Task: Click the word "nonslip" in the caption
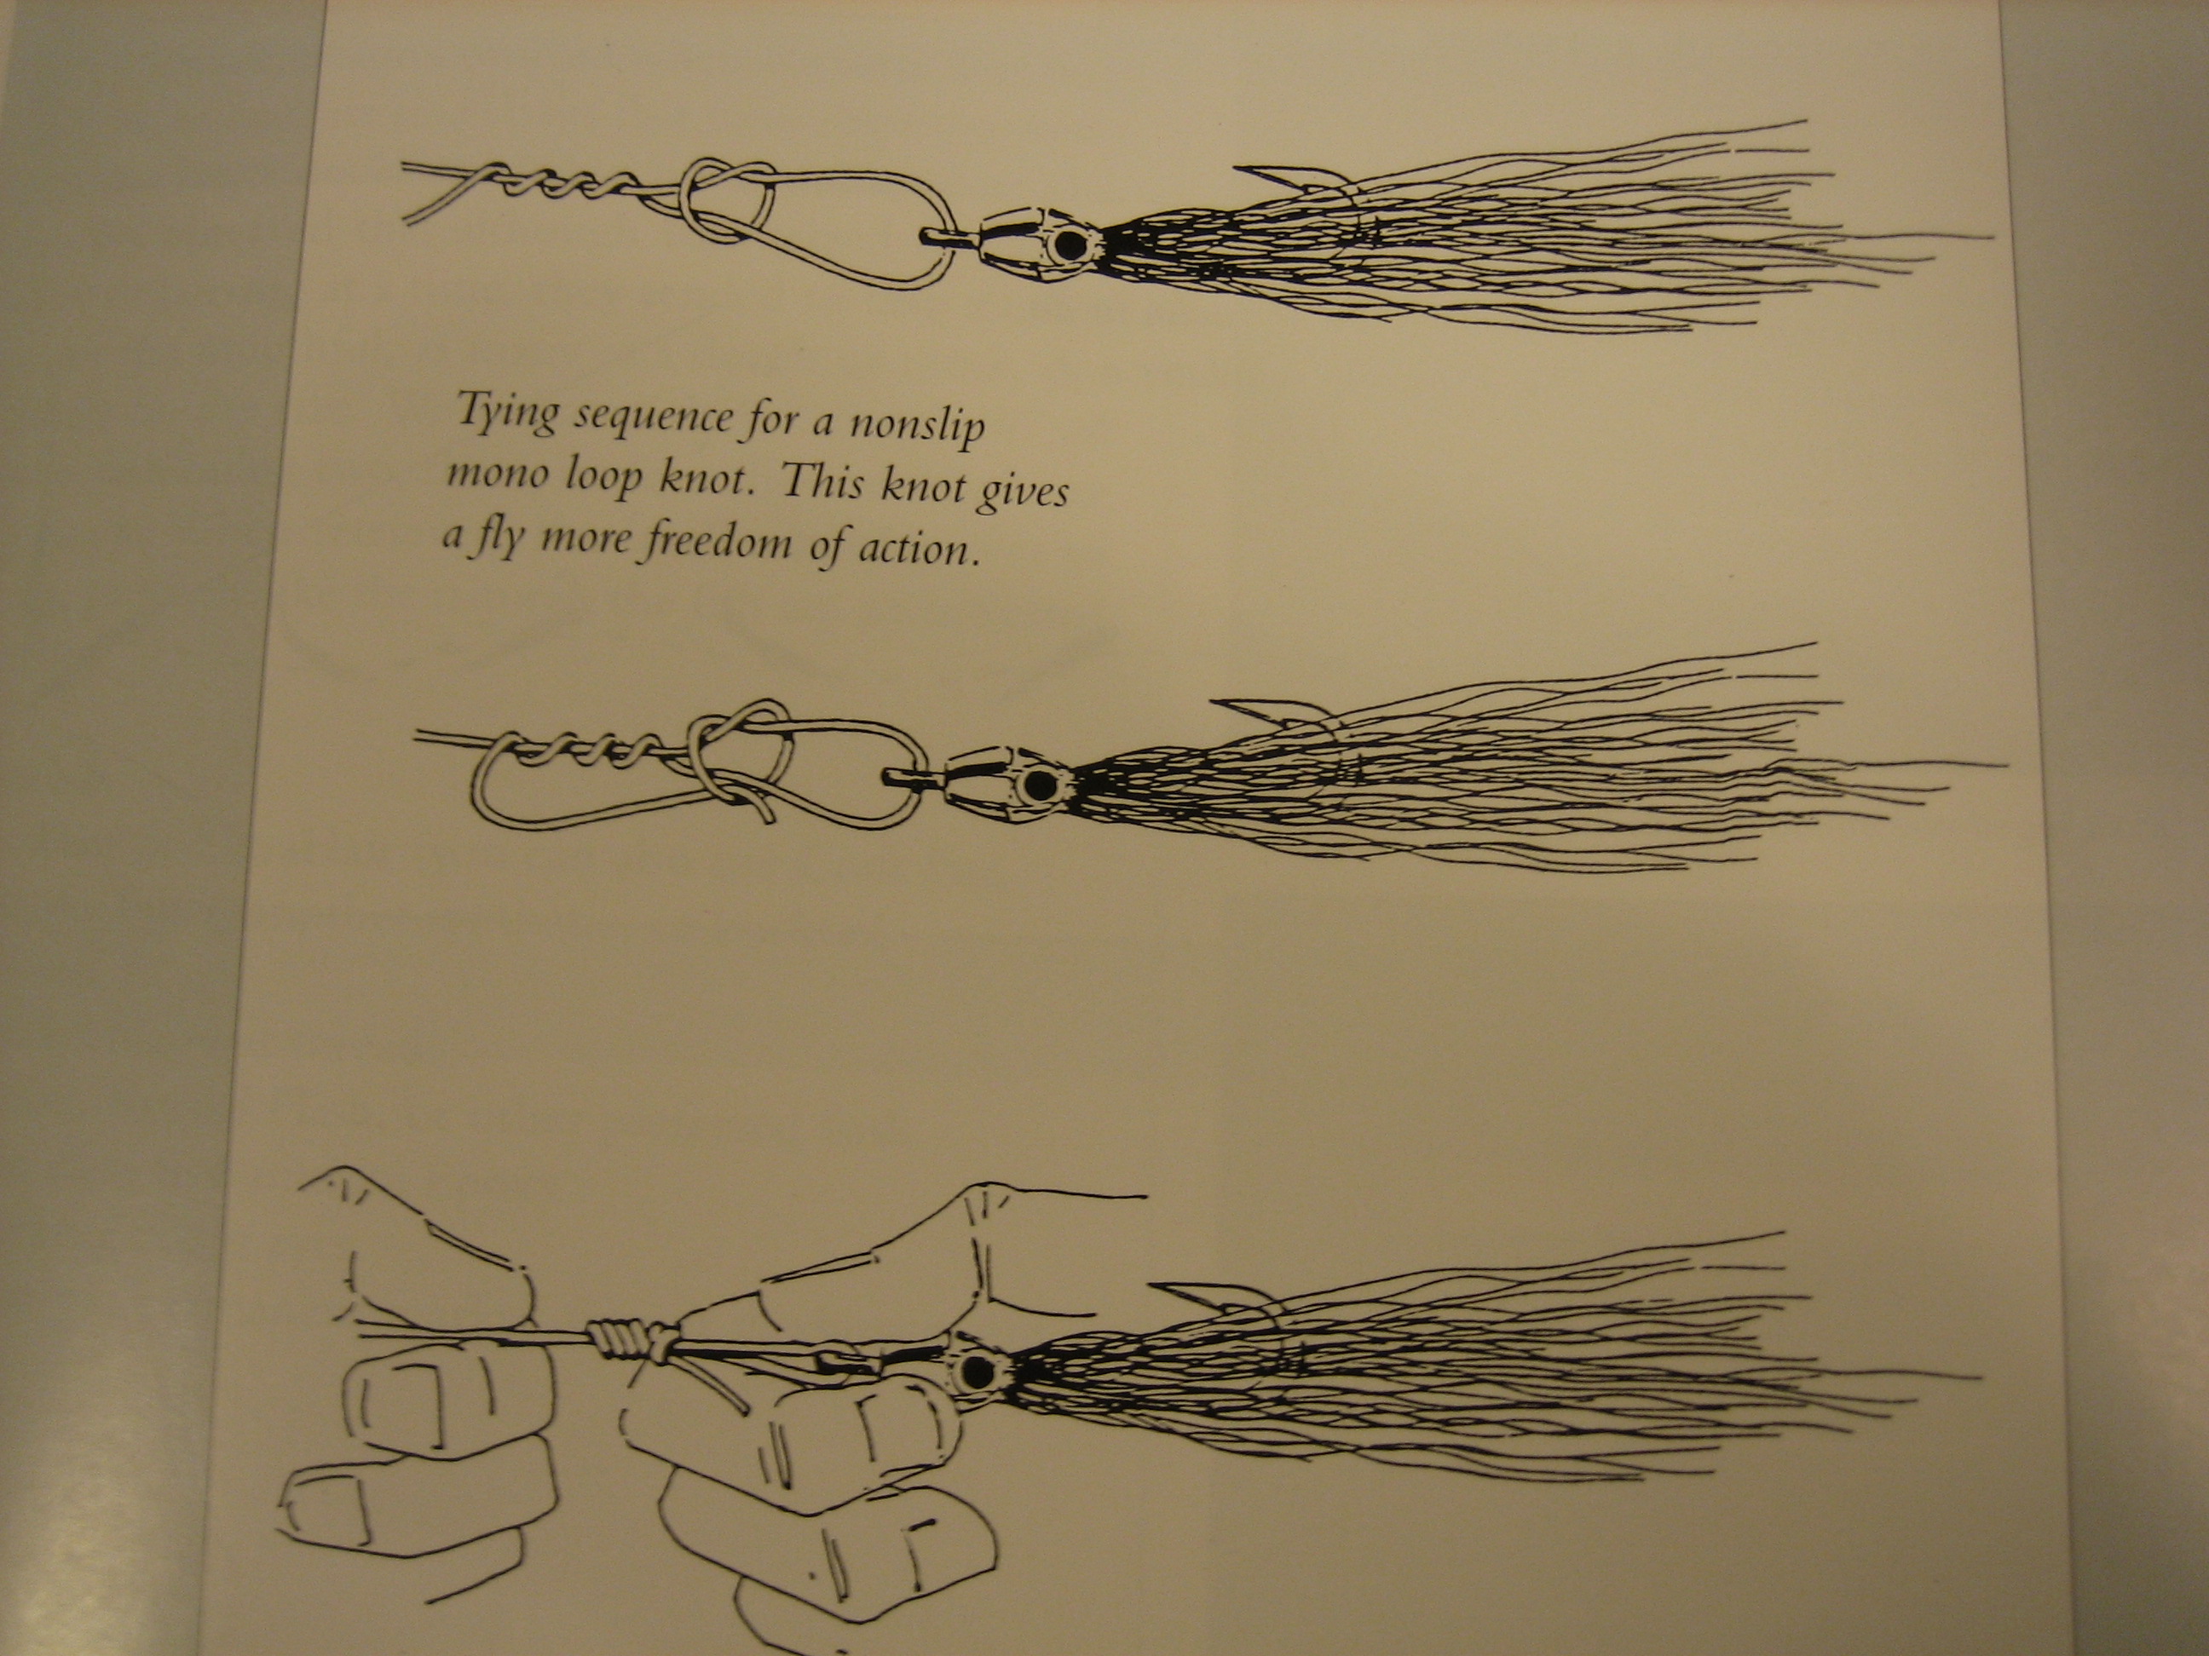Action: click(x=916, y=426)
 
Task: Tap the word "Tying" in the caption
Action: click(x=507, y=411)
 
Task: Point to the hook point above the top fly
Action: click(x=1237, y=167)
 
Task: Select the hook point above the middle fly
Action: click(x=1226, y=703)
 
